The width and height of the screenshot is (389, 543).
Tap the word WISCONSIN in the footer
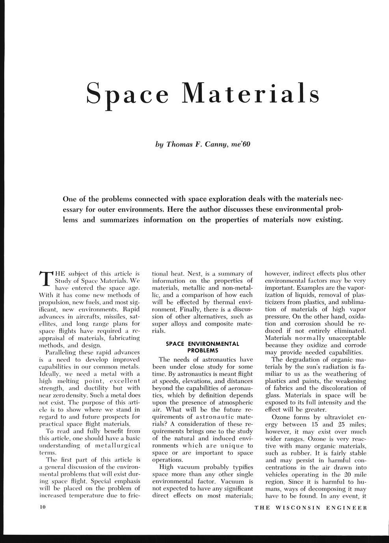(x=298, y=507)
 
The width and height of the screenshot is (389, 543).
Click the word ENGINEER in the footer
(x=346, y=507)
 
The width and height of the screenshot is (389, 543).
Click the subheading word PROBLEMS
(x=203, y=350)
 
